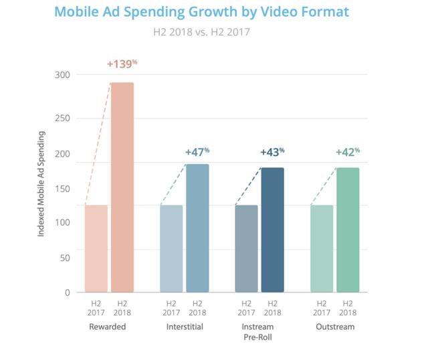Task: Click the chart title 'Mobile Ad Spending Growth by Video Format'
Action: pos(201,12)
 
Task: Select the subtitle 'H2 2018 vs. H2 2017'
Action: pos(201,31)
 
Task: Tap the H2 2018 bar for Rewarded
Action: pos(122,187)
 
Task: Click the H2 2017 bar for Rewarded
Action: pos(96,248)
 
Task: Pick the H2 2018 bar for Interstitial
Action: pos(197,228)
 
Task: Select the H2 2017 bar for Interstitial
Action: pos(171,248)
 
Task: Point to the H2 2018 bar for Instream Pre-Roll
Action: pos(272,230)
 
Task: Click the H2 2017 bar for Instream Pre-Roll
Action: pos(246,248)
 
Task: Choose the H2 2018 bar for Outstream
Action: pos(348,230)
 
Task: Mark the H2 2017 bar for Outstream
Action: pos(322,248)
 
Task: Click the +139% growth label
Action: pos(122,64)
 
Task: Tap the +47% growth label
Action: pos(197,152)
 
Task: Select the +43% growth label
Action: pos(272,152)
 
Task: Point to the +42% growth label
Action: pos(348,152)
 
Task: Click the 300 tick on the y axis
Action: pos(64,75)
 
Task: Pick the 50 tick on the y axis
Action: pos(66,257)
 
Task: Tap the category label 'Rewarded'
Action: pos(108,327)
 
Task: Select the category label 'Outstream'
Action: pos(334,327)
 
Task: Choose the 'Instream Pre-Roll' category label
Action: pos(259,332)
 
